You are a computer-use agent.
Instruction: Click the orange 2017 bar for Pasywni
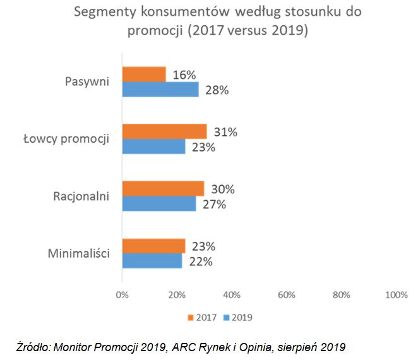pyautogui.click(x=144, y=75)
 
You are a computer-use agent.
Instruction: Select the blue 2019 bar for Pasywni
pyautogui.click(x=160, y=90)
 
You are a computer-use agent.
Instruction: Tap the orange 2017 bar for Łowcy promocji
pyautogui.click(x=164, y=131)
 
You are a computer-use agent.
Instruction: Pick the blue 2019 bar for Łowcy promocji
pyautogui.click(x=153, y=147)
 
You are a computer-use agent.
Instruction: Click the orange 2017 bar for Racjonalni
pyautogui.click(x=163, y=189)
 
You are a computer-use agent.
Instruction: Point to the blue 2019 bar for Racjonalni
pyautogui.click(x=159, y=204)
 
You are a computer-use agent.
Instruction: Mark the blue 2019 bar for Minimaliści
pyautogui.click(x=152, y=261)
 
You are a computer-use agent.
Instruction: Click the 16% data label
pyautogui.click(x=184, y=75)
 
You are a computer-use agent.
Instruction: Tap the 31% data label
pyautogui.click(x=225, y=132)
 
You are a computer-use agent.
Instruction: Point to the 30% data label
pyautogui.click(x=222, y=189)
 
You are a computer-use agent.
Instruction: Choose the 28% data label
pyautogui.click(x=216, y=90)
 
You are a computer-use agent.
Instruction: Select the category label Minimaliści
pyautogui.click(x=79, y=254)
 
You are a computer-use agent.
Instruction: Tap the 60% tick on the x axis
pyautogui.click(x=287, y=294)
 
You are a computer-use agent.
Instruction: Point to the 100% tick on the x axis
pyautogui.click(x=396, y=294)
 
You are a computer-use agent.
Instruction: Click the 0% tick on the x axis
pyautogui.click(x=122, y=294)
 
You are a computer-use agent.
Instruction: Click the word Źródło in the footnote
pyautogui.click(x=33, y=346)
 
